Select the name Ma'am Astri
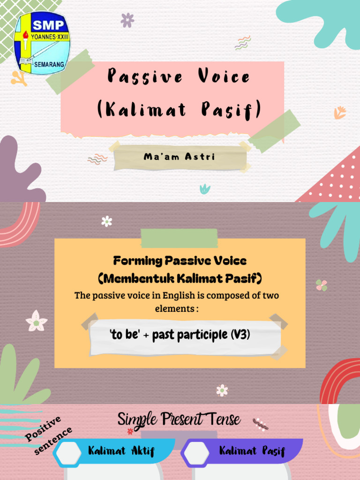click(180, 157)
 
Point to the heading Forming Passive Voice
click(180, 261)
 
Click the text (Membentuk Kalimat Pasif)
click(180, 279)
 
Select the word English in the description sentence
click(183, 296)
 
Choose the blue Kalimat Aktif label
click(121, 451)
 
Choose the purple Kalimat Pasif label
click(252, 451)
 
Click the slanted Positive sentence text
click(48, 435)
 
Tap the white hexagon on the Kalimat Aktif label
click(68, 453)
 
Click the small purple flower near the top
click(127, 20)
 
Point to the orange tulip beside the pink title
click(340, 112)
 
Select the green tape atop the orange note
click(179, 239)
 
